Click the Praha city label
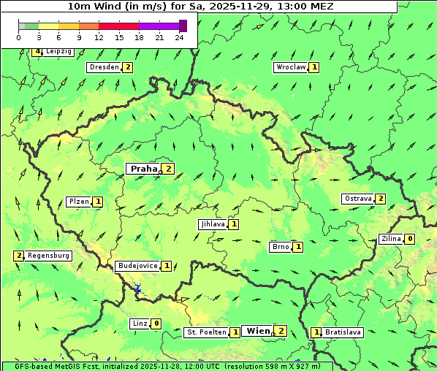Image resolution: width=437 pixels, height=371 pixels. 143,169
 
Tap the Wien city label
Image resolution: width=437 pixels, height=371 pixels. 258,331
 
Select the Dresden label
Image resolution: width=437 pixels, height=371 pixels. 103,67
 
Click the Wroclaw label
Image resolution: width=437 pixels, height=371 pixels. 290,67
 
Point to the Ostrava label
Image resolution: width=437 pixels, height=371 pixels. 357,199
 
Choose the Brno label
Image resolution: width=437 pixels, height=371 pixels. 280,247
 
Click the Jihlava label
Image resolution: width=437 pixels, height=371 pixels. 212,224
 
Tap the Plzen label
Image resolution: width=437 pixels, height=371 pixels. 79,202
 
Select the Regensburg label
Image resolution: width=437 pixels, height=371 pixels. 49,256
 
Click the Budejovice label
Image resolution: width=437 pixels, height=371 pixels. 137,266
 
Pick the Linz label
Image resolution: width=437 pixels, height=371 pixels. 140,324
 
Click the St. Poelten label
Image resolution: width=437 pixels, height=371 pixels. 205,332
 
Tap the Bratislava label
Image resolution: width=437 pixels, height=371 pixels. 343,332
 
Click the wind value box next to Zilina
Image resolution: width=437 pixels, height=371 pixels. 410,239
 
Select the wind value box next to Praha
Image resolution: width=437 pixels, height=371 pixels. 168,169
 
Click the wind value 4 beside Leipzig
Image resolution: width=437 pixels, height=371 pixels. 37,52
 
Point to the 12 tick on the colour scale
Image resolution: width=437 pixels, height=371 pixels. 99,37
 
